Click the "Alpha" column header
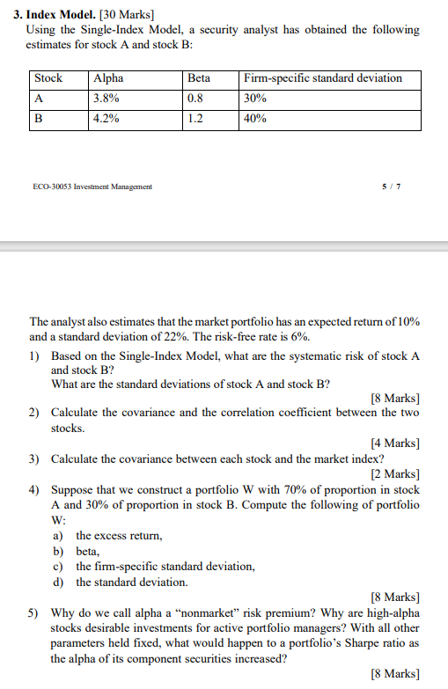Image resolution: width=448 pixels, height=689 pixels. tap(108, 78)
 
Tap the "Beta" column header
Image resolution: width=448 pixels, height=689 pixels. tap(199, 78)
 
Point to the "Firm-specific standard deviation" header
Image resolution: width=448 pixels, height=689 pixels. tap(322, 78)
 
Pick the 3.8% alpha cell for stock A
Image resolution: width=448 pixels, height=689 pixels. tap(106, 99)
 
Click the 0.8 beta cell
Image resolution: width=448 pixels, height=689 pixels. tap(195, 99)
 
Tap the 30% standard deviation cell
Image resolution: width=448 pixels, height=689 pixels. tap(255, 99)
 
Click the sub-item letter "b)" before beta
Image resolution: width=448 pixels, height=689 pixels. tap(58, 550)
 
